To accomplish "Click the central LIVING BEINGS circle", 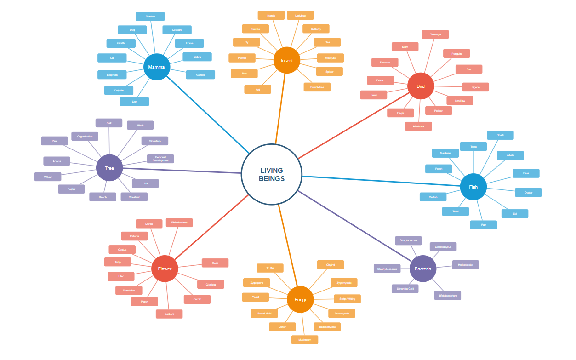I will [x=271, y=174].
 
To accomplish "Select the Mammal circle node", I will [x=157, y=67].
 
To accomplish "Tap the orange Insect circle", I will [x=287, y=60].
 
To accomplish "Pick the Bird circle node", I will [x=421, y=86].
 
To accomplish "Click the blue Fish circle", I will [x=473, y=187].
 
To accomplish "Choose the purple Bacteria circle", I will [x=423, y=269].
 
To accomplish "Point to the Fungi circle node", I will [x=300, y=300].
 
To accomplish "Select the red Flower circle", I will [x=165, y=269].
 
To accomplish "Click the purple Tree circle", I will [x=109, y=168].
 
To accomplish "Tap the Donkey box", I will [x=150, y=17].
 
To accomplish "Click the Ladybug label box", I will [x=300, y=16].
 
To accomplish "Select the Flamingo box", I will [x=435, y=34].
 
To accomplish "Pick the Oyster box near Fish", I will [x=528, y=193].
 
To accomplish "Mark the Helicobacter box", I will [x=465, y=265].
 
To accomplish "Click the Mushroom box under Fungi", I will [x=304, y=340].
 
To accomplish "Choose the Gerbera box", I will [x=169, y=314].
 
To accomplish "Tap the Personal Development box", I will [x=160, y=159].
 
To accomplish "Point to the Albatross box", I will [x=418, y=126].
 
